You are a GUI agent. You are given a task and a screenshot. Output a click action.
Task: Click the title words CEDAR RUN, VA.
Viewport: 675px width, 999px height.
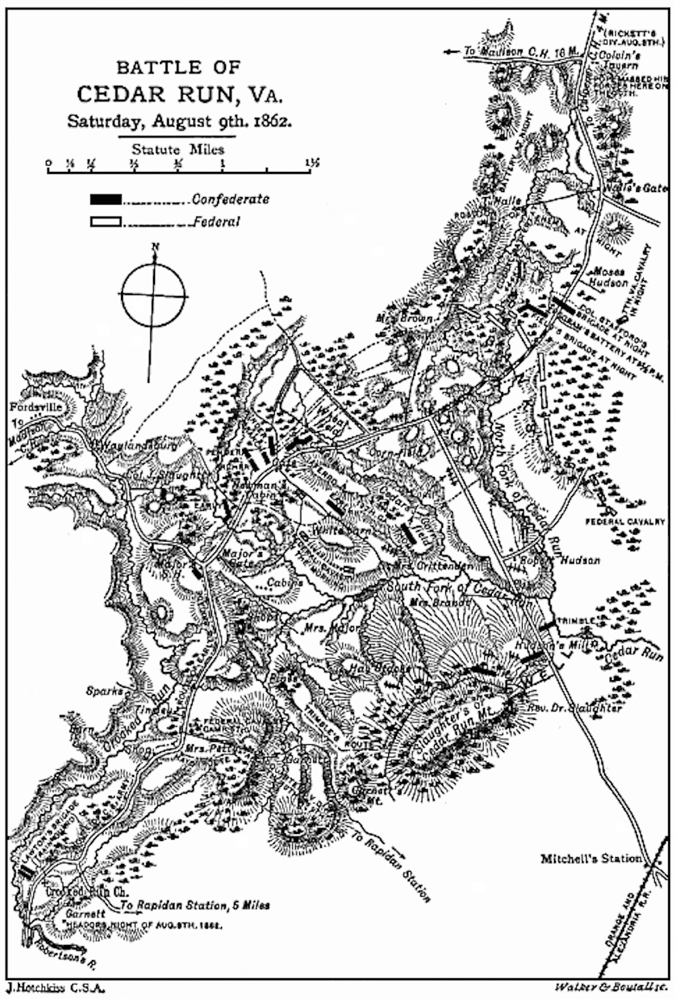point(179,94)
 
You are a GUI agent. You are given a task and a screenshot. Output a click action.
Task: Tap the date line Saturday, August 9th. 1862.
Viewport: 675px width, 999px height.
point(179,121)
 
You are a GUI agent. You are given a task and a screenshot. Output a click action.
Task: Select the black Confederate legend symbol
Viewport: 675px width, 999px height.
point(105,200)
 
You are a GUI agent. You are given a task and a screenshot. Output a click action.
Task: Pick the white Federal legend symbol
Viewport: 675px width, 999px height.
point(105,222)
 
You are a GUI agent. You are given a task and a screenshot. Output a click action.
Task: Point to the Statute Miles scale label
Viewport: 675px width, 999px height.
point(178,149)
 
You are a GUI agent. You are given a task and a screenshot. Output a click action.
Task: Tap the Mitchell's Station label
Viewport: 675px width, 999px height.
point(591,858)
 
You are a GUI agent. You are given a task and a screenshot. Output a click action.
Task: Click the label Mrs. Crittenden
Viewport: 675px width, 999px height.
point(433,566)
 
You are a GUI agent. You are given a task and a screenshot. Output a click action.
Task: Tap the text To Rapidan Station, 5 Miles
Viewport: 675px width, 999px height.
point(196,906)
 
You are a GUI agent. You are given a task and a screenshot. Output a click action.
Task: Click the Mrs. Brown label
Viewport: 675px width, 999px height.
point(404,318)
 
